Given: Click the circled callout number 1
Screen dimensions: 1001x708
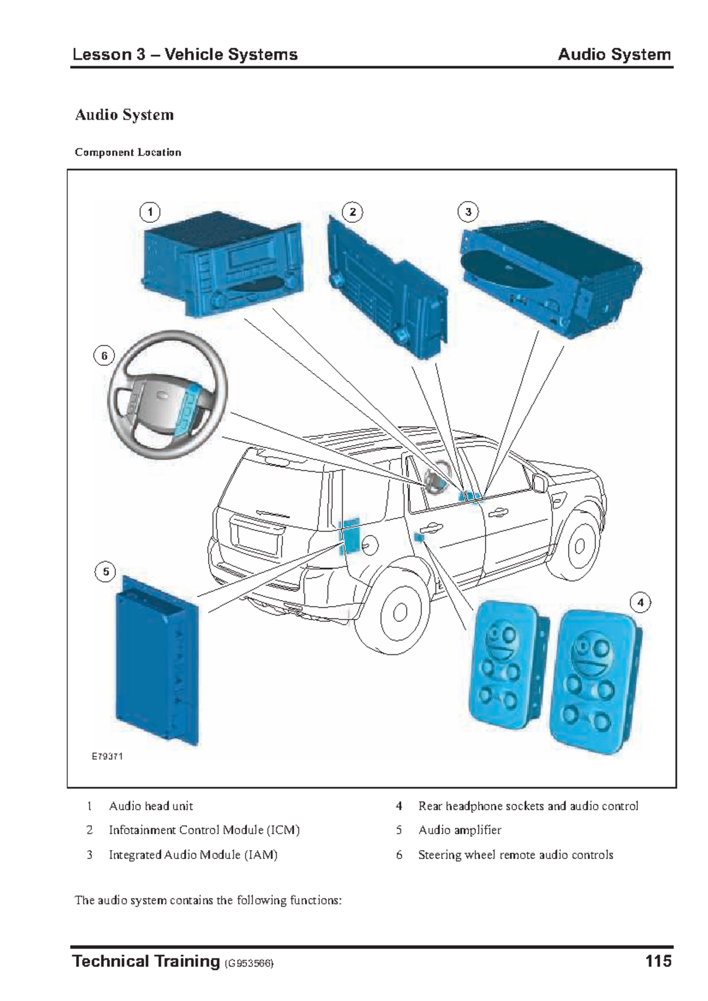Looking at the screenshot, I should tap(150, 212).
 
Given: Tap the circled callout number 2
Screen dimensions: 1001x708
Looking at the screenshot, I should tap(352, 212).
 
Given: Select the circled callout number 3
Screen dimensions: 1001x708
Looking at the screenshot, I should tap(468, 212).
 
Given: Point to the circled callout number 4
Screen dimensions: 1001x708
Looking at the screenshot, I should tap(640, 602).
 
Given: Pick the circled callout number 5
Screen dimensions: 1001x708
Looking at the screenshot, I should tap(106, 571).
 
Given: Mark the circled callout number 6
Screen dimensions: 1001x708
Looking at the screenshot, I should tap(104, 355).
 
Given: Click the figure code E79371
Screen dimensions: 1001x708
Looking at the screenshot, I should tap(107, 756).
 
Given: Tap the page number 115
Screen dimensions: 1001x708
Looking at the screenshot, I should tap(658, 962).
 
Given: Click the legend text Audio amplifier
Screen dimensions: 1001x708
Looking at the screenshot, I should tap(460, 830).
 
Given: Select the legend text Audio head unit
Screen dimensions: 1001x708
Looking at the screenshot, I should tap(151, 806).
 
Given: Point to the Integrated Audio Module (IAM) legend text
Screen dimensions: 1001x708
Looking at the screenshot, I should tap(193, 854).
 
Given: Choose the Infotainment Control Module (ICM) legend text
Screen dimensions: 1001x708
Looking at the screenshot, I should tap(204, 830).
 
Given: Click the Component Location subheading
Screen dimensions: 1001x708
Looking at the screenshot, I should tap(128, 152).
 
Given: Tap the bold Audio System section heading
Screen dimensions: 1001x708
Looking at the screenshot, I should tap(124, 114).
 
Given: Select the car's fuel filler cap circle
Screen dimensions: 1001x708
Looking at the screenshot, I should tap(370, 545).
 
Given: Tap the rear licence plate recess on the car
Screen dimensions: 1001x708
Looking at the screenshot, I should tap(258, 538).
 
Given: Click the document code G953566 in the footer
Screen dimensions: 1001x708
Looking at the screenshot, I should tap(249, 964).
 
